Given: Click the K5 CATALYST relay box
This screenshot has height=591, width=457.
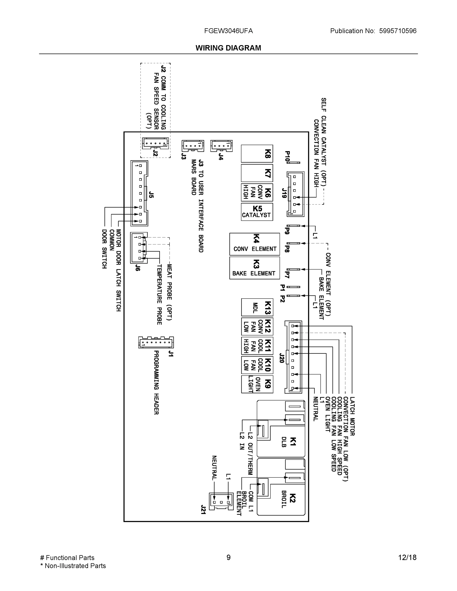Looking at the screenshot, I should click(x=257, y=212).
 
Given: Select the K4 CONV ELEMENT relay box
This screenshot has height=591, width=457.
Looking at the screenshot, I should click(x=254, y=244).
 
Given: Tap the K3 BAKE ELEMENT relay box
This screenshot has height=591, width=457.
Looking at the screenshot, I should click(x=254, y=268).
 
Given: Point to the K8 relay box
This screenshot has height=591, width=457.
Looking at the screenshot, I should click(x=257, y=154).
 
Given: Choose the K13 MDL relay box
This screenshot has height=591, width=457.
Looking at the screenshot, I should click(x=257, y=307).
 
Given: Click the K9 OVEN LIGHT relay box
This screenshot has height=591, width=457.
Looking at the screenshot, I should click(x=257, y=384).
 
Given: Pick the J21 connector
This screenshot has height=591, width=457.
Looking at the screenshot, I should click(x=221, y=501).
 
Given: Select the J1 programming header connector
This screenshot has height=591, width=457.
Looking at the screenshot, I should click(x=156, y=342).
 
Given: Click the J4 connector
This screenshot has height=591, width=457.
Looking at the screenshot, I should click(x=221, y=146).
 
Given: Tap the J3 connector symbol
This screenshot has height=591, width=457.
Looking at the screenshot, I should click(x=193, y=146).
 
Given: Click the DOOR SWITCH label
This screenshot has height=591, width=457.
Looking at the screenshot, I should click(x=104, y=249).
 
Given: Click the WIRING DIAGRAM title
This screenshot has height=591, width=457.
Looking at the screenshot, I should click(x=228, y=48).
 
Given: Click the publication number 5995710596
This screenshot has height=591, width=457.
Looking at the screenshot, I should click(x=397, y=31).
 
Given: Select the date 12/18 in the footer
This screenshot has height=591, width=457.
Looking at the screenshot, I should click(x=407, y=558).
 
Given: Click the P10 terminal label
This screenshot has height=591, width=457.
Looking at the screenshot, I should click(x=287, y=157).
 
